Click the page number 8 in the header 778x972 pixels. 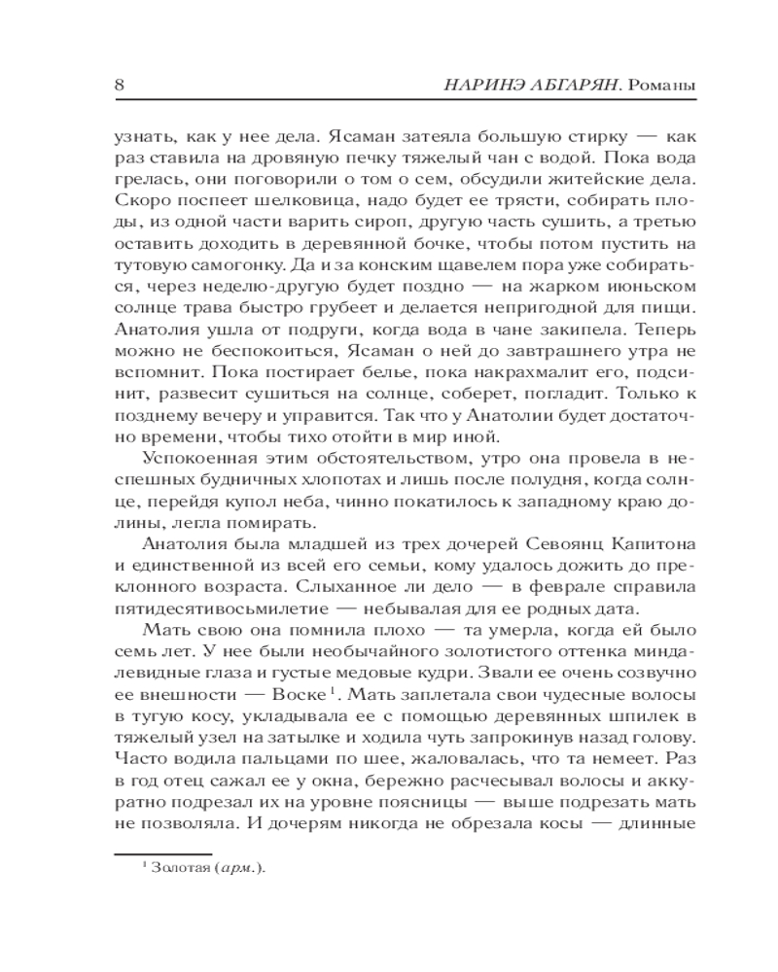click(x=120, y=85)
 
